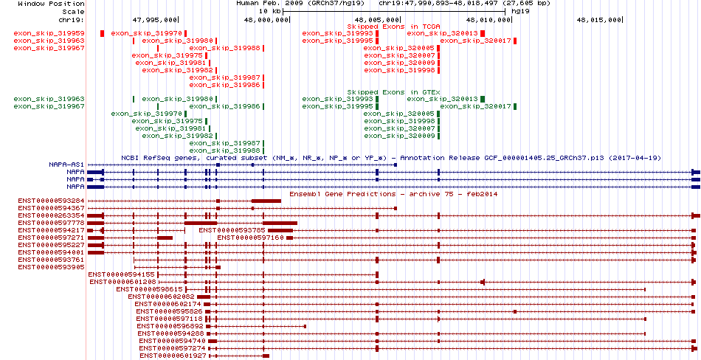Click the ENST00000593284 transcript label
tap(52, 201)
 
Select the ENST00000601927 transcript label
tap(173, 356)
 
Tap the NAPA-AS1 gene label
tap(66, 165)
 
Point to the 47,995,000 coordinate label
tap(155, 20)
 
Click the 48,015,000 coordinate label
tap(599, 20)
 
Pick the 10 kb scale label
tap(269, 11)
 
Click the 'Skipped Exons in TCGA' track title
tap(394, 27)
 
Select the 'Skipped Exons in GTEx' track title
tap(394, 92)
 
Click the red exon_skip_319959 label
tap(49, 33)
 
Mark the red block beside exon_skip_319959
tap(103, 33)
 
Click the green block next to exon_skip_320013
tap(483, 99)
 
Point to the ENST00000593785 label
tap(232, 230)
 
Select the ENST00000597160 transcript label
tap(251, 238)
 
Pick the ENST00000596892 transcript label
tap(170, 327)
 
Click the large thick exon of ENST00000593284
tap(266, 201)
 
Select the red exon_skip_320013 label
tap(443, 33)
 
